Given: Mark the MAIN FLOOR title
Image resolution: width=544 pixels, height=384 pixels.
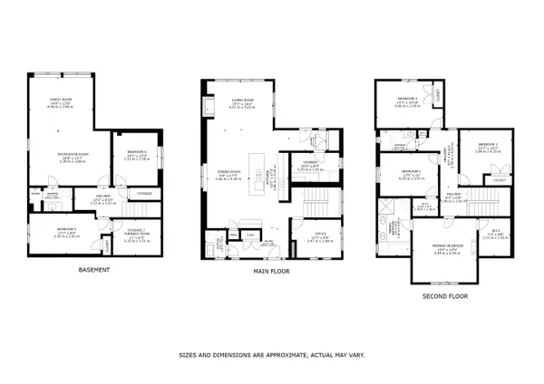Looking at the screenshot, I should pos(271,270).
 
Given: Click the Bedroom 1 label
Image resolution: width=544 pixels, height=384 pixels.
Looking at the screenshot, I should pos(408,100).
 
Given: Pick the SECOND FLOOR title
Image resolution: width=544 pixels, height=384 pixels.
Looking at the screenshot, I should pos(445,296).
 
